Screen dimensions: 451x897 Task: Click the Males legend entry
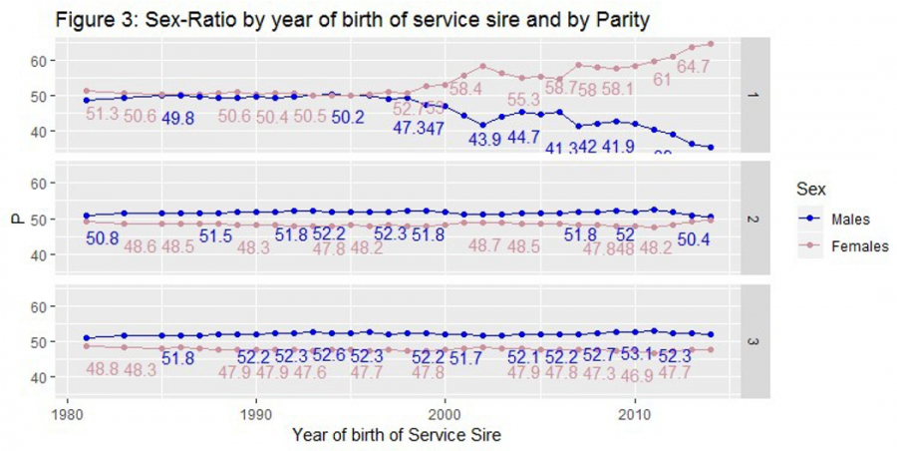(x=850, y=220)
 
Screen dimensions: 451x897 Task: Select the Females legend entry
(x=859, y=245)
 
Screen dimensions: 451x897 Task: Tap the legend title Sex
(x=809, y=189)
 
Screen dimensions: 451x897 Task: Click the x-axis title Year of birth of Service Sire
(x=396, y=436)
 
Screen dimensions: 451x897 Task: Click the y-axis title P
(x=16, y=220)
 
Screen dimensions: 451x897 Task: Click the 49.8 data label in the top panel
(x=177, y=118)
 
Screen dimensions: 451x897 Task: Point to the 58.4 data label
(x=464, y=89)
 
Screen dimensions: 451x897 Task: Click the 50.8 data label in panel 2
(x=103, y=239)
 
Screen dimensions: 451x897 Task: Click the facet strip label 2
(x=753, y=219)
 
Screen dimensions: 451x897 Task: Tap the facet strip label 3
(x=753, y=342)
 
